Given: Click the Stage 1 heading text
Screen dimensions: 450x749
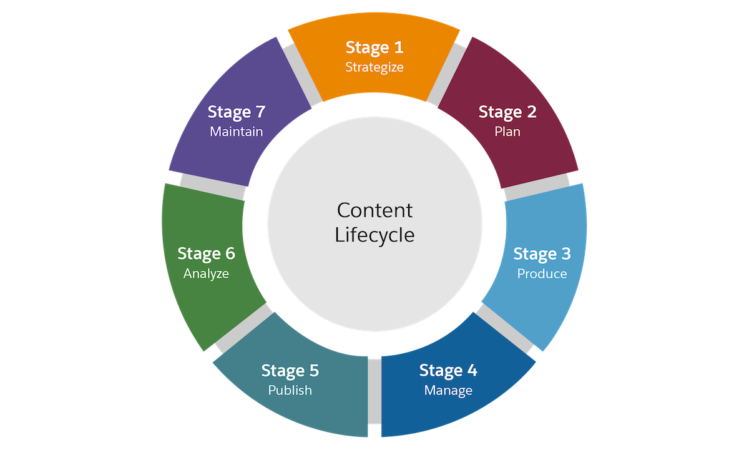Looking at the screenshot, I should tap(374, 47).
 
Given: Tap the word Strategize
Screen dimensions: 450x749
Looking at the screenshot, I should tap(374, 67).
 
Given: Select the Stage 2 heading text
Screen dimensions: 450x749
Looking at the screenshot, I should tap(507, 112).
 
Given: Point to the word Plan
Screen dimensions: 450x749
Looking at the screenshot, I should tap(507, 132).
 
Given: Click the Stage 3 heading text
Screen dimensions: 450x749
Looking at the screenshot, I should tap(542, 254).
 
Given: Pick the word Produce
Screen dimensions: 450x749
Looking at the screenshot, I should tap(542, 274).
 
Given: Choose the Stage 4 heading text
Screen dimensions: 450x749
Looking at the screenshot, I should tap(448, 371).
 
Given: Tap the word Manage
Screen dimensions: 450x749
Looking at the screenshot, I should tap(448, 391).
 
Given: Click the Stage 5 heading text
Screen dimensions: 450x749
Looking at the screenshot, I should tap(290, 371).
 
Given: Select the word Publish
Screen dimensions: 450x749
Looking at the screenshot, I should tap(290, 391).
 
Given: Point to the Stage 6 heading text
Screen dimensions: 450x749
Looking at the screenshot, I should tap(206, 254).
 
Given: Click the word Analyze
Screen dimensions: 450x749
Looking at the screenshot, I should tap(206, 274).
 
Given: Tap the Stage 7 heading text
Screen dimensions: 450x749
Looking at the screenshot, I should tap(237, 112).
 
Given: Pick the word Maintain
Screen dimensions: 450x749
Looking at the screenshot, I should tap(237, 132).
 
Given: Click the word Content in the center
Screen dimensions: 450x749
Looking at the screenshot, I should tap(374, 210).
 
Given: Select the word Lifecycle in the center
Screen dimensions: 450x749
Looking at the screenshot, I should tap(374, 235).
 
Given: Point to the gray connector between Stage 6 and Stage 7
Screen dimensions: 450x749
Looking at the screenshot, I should tap(212, 185).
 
